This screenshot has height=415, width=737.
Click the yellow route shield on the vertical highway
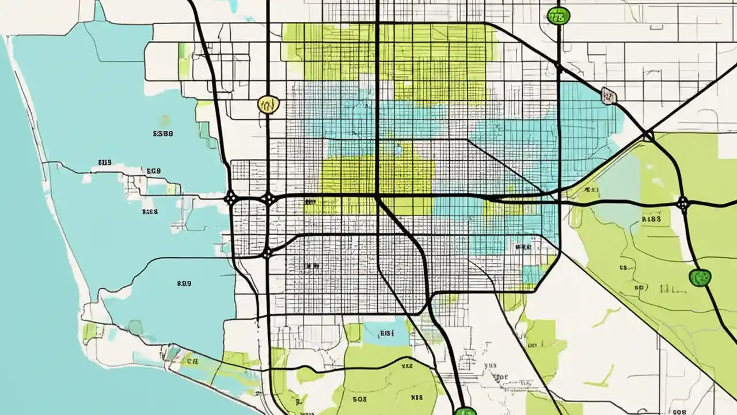tap(268, 104)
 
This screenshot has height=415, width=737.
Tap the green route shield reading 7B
tap(557, 16)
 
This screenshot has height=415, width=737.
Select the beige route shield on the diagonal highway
tap(608, 96)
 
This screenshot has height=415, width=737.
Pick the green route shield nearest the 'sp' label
tap(700, 277)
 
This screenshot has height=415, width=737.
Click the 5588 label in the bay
tap(163, 133)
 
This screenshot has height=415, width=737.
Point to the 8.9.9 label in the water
tap(184, 284)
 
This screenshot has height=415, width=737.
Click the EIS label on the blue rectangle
tap(386, 333)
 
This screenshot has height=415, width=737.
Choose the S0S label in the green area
tap(359, 398)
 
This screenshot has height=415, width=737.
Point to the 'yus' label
tap(491, 365)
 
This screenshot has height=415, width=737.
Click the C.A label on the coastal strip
tap(189, 362)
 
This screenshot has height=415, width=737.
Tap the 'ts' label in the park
tap(623, 267)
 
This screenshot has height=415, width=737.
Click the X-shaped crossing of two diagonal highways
tap(648, 136)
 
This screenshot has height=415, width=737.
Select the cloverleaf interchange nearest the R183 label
tap(683, 203)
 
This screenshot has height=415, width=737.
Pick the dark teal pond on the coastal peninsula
tap(135, 327)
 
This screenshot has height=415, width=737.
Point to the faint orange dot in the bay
tap(165, 120)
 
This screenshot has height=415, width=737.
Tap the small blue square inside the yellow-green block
tap(398, 149)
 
